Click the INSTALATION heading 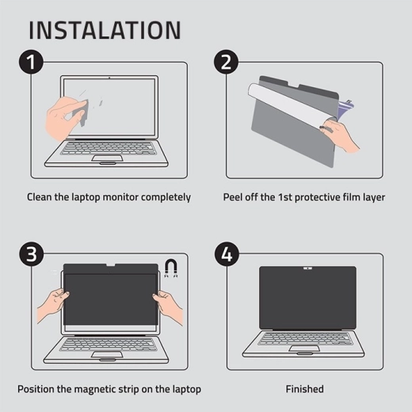[105, 30]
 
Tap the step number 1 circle [31, 62]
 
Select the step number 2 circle [226, 62]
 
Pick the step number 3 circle [31, 254]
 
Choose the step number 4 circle [227, 254]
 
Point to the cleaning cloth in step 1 [80, 113]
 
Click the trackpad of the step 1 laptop [107, 158]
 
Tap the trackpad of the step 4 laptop [304, 349]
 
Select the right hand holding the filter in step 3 [168, 307]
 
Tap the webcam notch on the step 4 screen [307, 269]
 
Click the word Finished [304, 389]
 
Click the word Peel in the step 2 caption [233, 197]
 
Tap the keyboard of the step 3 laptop [106, 345]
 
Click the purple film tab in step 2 [346, 108]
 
